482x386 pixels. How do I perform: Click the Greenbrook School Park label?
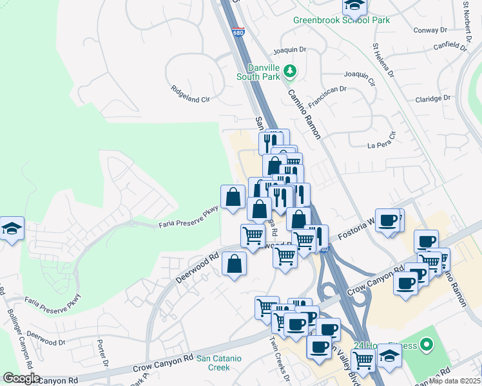(x=342, y=20)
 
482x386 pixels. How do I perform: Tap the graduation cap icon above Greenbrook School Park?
(x=354, y=6)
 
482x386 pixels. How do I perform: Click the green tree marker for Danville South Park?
(x=290, y=70)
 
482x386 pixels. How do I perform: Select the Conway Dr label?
(x=430, y=30)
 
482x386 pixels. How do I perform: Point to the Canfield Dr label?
(x=450, y=46)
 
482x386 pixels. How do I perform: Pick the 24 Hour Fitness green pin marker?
(x=426, y=346)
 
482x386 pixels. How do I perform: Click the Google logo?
(x=21, y=378)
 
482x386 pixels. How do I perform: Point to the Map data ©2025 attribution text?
(x=454, y=381)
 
